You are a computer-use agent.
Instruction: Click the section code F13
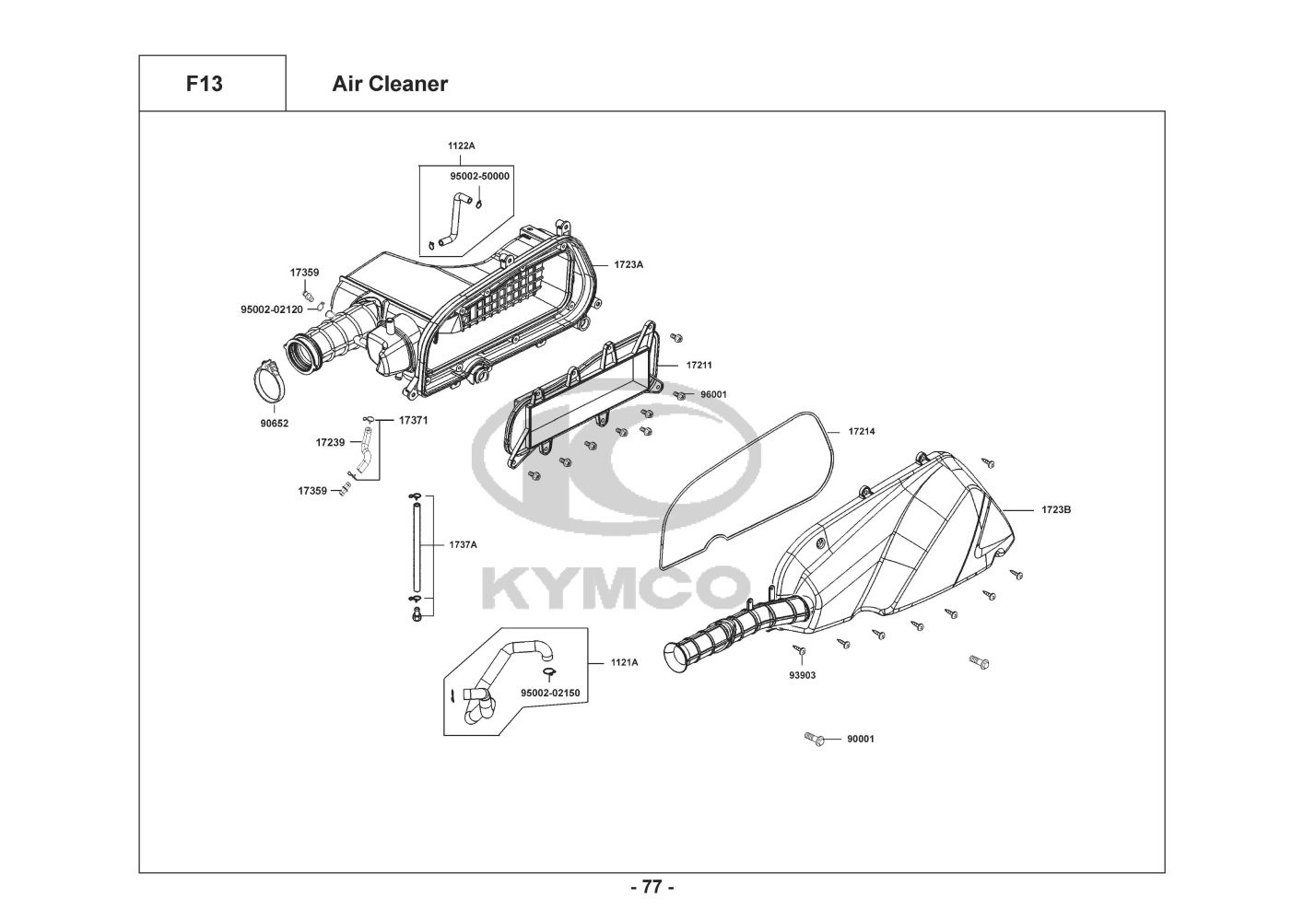pyautogui.click(x=205, y=84)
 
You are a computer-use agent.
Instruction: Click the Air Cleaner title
pyautogui.click(x=390, y=84)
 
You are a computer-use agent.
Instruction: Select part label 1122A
pyautogui.click(x=461, y=146)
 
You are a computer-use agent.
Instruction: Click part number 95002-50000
pyautogui.click(x=480, y=176)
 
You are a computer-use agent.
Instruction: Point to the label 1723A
pyautogui.click(x=629, y=264)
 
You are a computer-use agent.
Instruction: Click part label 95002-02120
pyautogui.click(x=272, y=309)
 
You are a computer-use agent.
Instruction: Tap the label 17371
pyautogui.click(x=414, y=420)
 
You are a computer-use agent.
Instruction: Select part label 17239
pyautogui.click(x=330, y=442)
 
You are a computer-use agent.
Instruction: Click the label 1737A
pyautogui.click(x=463, y=544)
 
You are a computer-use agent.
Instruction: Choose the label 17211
pyautogui.click(x=699, y=366)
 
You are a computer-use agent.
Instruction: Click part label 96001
pyautogui.click(x=713, y=394)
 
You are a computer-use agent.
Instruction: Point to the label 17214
pyautogui.click(x=862, y=431)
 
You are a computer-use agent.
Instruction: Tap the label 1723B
pyautogui.click(x=1056, y=509)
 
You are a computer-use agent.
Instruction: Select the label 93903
pyautogui.click(x=802, y=675)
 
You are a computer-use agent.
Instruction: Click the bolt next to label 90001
pyautogui.click(x=814, y=739)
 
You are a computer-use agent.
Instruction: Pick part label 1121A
pyautogui.click(x=624, y=662)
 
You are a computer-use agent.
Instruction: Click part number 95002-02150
pyautogui.click(x=550, y=693)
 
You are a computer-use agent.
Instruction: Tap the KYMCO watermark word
pyautogui.click(x=616, y=589)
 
